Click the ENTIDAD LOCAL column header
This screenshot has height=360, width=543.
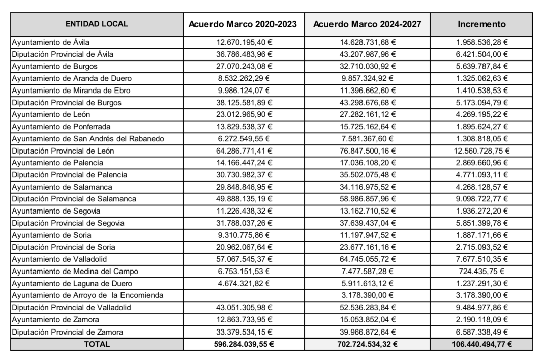97,24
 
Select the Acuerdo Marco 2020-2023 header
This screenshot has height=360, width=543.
243,24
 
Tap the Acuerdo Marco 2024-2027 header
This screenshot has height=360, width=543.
367,24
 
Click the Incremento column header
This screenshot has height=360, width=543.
481,24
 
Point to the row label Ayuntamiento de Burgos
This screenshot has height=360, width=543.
54,66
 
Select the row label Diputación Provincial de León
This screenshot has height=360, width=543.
63,151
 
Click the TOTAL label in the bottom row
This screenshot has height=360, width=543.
97,344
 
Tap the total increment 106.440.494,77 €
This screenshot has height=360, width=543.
481,344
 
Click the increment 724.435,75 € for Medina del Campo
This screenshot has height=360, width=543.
481,272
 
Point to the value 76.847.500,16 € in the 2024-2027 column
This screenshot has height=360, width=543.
367,151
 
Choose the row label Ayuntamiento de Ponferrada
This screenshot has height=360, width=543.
61,127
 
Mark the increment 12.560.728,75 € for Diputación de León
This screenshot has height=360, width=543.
481,151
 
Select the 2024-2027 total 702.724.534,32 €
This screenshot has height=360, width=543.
367,344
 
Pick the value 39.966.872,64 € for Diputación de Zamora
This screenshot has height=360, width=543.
367,332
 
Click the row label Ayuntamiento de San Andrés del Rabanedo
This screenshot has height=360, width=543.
87,138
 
